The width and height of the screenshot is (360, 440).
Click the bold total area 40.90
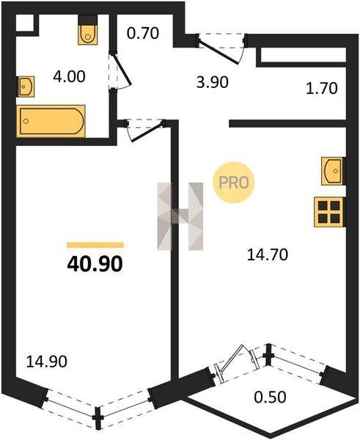coord(95,264)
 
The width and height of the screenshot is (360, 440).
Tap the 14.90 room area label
coord(47,362)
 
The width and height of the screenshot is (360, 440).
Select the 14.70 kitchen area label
coord(268,255)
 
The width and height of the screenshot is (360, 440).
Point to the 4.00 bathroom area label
coord(69,76)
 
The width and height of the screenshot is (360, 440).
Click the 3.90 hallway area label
coord(213,82)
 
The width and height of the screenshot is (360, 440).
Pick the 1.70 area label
coord(321,89)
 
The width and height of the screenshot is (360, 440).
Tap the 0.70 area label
coord(143,33)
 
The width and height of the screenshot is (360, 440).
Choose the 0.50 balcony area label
coord(271,397)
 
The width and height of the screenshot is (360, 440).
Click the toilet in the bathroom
coord(88,30)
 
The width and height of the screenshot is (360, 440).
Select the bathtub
coord(51,121)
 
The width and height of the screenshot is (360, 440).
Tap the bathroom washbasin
coord(26,87)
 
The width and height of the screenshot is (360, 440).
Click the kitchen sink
coord(333,171)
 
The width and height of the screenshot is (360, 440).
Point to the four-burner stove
coord(329,212)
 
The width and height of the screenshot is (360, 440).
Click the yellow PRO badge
coord(233,183)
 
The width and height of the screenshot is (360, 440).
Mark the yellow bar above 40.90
coord(95,245)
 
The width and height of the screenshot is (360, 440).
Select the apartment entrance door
coord(221,48)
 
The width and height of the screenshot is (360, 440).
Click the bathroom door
coord(120,71)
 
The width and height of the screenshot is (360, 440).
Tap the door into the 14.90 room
coord(144,130)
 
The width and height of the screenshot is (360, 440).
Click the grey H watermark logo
coord(180,216)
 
